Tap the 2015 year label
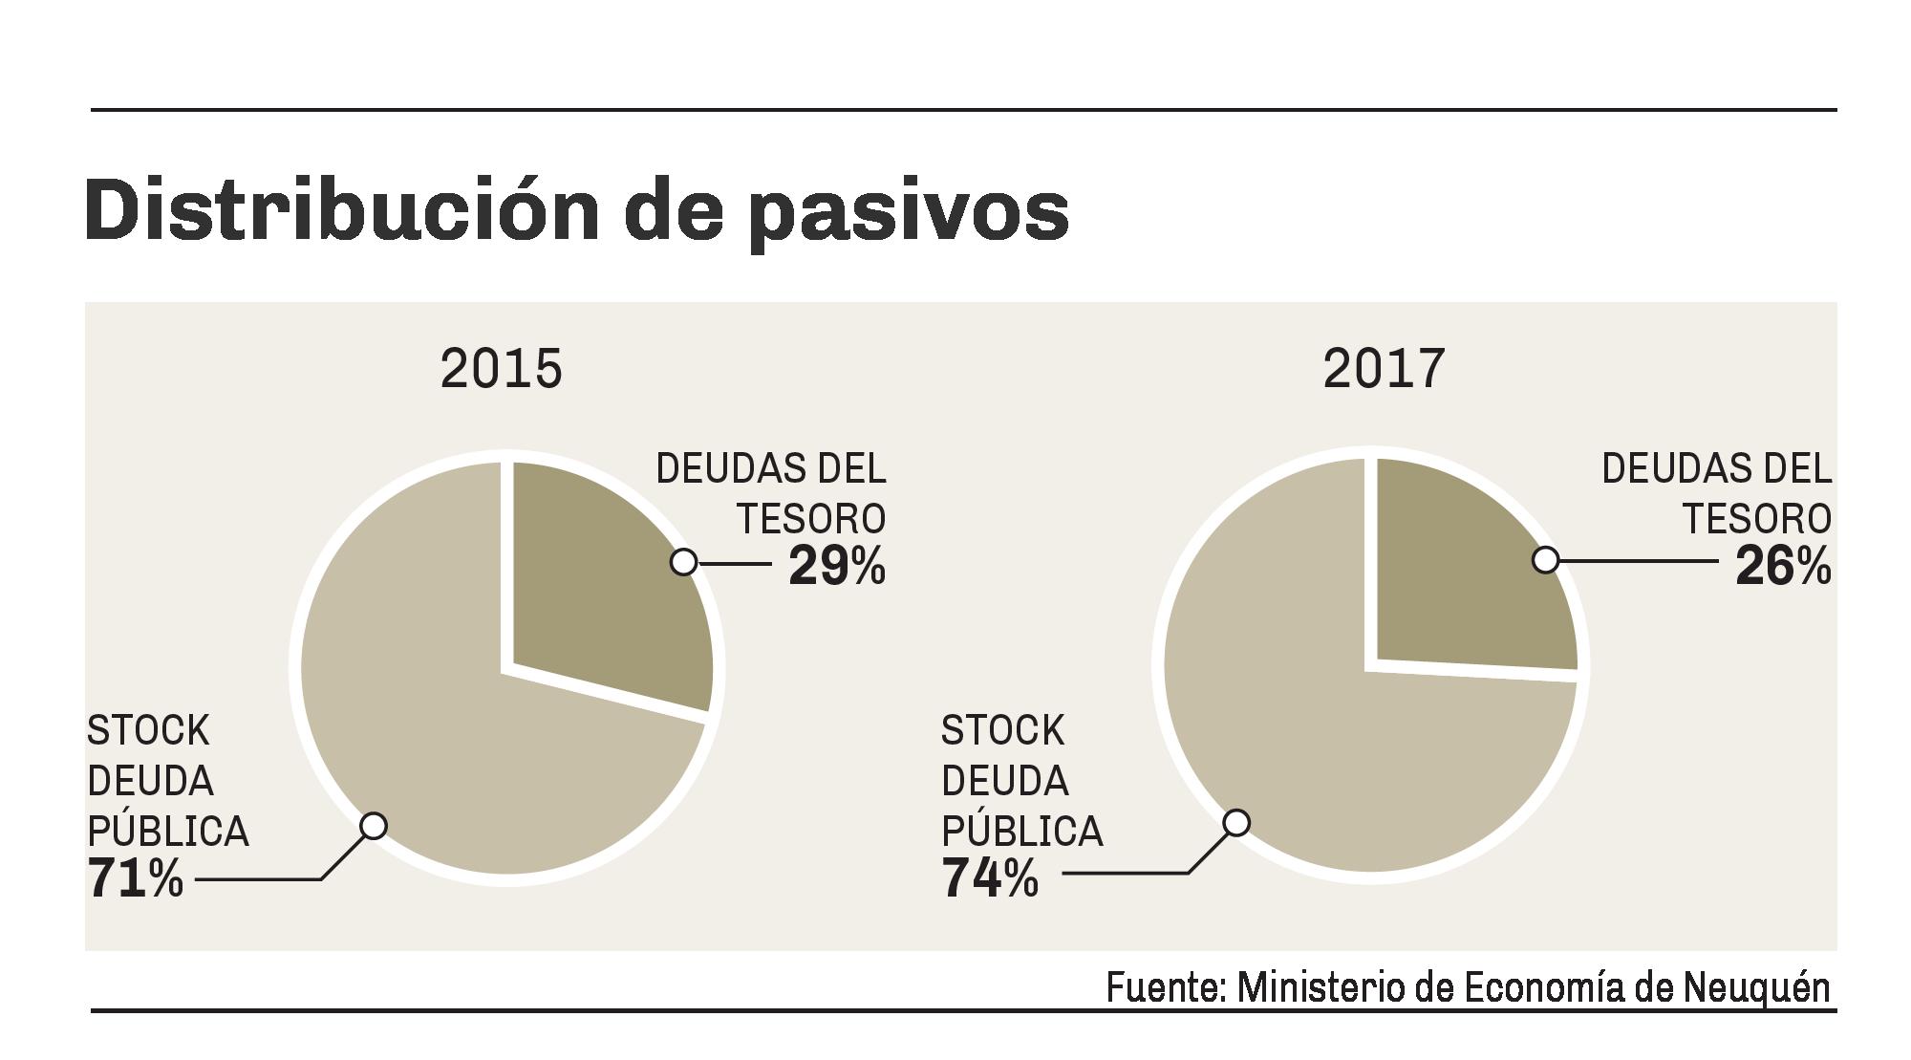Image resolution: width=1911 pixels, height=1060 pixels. [501, 369]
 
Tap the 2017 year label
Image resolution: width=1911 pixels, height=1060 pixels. [1384, 369]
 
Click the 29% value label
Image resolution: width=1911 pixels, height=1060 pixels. [837, 566]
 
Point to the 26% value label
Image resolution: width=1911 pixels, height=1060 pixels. [1783, 566]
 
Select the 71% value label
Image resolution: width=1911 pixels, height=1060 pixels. [135, 878]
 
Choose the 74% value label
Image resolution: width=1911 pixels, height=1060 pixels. [989, 878]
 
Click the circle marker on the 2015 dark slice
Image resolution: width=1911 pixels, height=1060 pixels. [683, 562]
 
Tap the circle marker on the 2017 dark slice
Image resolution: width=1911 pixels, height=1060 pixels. [1545, 560]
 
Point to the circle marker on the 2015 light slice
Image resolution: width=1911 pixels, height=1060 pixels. [374, 825]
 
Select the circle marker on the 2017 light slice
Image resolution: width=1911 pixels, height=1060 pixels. [1236, 822]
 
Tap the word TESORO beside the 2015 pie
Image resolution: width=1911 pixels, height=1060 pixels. [810, 519]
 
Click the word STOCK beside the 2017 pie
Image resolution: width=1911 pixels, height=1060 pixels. [1002, 731]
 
